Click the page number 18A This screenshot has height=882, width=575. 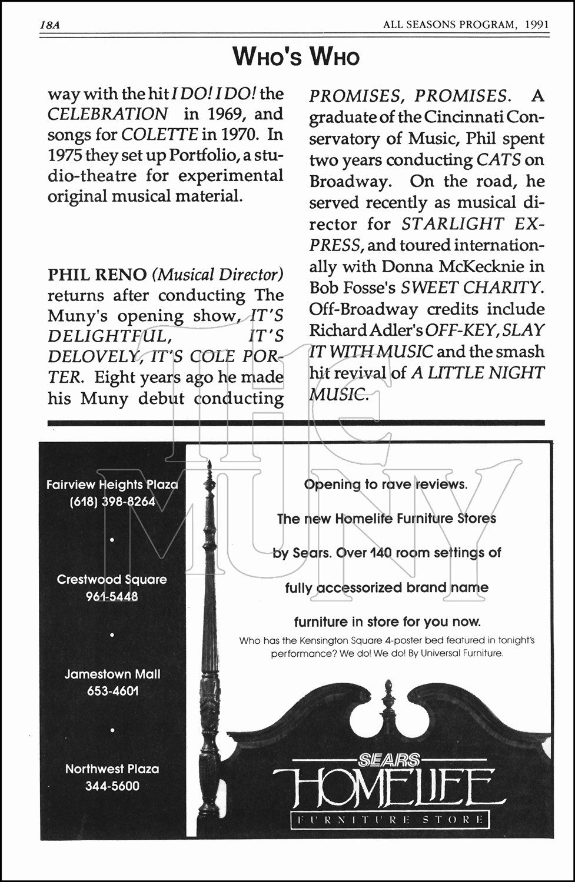51,25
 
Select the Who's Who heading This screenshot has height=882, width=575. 295,57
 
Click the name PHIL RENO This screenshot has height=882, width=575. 97,275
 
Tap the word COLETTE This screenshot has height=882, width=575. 159,135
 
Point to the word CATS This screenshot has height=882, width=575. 498,160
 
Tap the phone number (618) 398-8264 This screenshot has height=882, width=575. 112,502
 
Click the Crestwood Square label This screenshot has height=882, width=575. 112,579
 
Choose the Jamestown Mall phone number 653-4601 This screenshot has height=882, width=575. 112,691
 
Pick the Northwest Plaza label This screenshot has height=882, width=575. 112,769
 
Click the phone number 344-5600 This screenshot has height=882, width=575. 112,786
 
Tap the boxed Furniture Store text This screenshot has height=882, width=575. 390,819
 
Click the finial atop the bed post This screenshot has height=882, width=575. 209,475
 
